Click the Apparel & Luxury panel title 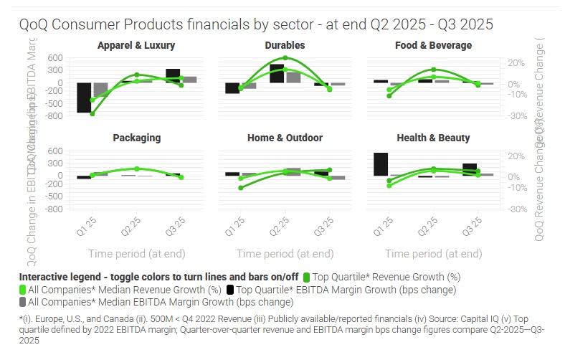pos(136,45)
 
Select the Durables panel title pos(285,45)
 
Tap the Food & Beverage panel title pos(433,45)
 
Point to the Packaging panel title pos(136,138)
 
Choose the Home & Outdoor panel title pos(285,138)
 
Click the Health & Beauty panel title pos(433,138)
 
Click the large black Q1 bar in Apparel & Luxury pos(84,98)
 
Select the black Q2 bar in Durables pos(277,73)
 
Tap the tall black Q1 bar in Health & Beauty pos(381,164)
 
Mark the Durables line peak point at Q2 pos(285,58)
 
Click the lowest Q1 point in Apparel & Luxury pos(92,113)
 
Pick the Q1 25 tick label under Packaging pos(86,227)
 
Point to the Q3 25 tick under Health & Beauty pos(471,227)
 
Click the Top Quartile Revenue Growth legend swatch pos(307,277)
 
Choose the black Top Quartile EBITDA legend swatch pos(230,290)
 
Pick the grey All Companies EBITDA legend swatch pos(23,303)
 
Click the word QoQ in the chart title pos(34,24)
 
